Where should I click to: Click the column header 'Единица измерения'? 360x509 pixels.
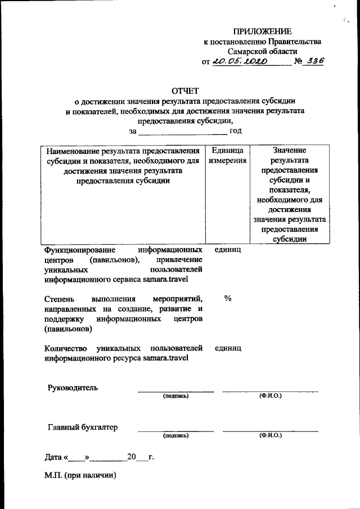coord(227,156)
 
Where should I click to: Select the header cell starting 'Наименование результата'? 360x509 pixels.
coord(123,166)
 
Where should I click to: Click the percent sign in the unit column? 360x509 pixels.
coord(227,299)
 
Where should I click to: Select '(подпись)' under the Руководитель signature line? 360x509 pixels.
coord(175,396)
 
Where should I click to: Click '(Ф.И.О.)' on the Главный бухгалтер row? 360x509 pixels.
coord(270,435)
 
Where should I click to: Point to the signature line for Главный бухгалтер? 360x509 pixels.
coord(175,430)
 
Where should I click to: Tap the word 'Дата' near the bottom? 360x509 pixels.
coord(55,457)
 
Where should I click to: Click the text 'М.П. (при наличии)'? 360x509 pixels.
coord(80,475)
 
